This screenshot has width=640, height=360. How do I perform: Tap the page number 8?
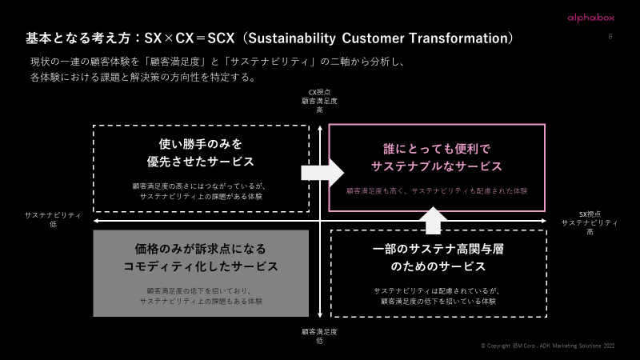(610, 37)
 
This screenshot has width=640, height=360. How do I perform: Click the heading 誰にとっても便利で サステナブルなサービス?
(437, 158)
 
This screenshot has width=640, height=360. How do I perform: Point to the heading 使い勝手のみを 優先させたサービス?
(200, 152)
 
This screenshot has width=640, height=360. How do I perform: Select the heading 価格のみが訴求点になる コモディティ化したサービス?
(201, 257)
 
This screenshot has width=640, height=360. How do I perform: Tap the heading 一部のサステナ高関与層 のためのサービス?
(438, 257)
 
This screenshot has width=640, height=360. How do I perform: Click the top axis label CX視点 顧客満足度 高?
(319, 101)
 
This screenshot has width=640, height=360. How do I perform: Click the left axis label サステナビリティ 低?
(53, 220)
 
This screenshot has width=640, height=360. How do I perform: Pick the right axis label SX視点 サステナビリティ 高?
(589, 222)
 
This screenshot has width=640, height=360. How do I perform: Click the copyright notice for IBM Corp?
(549, 346)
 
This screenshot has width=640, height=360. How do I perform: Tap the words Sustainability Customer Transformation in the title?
(378, 38)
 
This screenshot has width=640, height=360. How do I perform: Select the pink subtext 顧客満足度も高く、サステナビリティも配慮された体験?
(437, 191)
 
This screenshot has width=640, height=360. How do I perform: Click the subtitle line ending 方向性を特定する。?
(142, 78)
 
